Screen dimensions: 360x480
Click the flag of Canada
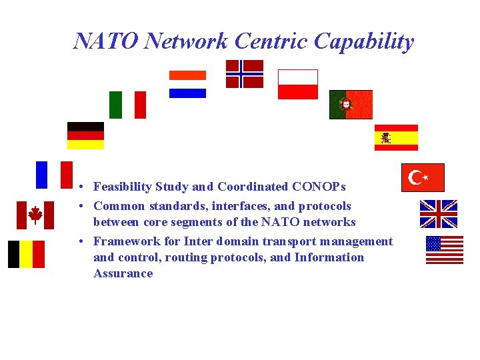coord(35,215)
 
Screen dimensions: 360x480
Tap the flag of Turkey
coord(423,177)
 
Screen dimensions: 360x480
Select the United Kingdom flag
coord(438,214)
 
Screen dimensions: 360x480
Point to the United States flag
coord(445,250)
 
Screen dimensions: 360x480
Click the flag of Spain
coord(396,138)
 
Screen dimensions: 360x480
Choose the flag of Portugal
coord(351,105)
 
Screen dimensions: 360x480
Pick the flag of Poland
coord(297,84)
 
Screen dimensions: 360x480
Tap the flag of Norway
coord(244,74)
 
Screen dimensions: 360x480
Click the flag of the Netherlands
coord(187,84)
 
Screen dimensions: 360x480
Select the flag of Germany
coord(85,135)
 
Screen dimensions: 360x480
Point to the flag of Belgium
coord(26,254)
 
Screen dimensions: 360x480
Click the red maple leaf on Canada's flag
coord(35,215)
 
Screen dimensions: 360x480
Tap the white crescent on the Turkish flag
coord(416,177)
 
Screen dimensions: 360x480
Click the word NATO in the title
coord(106,41)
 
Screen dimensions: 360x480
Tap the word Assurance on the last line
coord(123,273)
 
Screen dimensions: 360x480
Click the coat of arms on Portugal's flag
coord(345,105)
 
